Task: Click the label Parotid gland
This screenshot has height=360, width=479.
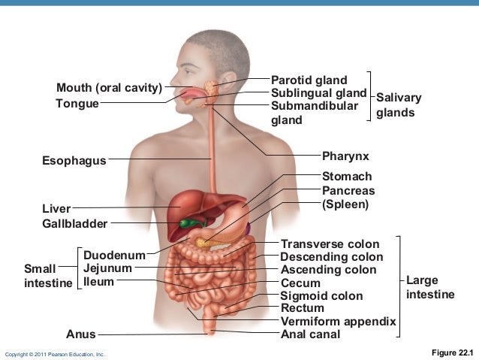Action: click(x=309, y=80)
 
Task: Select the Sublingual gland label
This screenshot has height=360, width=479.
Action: click(x=318, y=93)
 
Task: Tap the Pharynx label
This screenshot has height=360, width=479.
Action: click(x=345, y=156)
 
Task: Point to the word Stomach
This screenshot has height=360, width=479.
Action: click(x=347, y=177)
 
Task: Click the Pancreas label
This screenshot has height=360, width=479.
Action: click(x=348, y=191)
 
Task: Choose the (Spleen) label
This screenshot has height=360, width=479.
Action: click(x=346, y=204)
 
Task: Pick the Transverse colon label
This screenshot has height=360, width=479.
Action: click(x=330, y=244)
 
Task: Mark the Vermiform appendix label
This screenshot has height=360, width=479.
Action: click(x=338, y=322)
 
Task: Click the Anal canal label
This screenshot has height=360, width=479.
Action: click(x=310, y=334)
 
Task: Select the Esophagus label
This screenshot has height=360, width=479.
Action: click(x=74, y=160)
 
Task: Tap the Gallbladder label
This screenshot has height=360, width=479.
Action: click(x=74, y=223)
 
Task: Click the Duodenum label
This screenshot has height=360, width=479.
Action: click(x=114, y=256)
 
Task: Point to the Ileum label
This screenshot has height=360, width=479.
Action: click(x=98, y=282)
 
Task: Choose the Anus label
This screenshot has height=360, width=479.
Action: click(x=81, y=334)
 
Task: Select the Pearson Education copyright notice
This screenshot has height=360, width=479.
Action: click(x=55, y=353)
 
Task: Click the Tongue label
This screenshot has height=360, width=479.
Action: click(x=77, y=103)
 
